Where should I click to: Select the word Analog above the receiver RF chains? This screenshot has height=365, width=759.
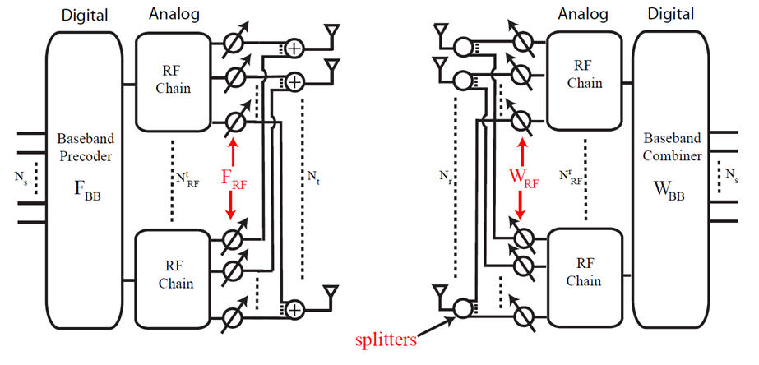(x=583, y=13)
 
